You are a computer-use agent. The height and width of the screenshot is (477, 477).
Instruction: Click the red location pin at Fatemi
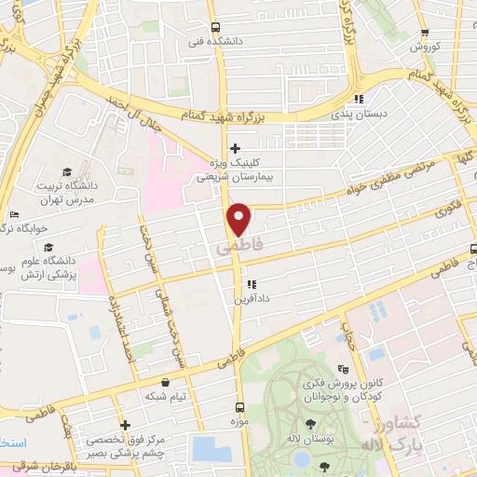[239, 218]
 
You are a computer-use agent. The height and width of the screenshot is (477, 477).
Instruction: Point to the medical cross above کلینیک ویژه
[235, 147]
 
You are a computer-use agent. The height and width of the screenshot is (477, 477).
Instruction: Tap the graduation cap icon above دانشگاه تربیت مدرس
[66, 171]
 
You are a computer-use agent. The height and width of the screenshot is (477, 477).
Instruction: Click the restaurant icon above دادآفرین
[250, 284]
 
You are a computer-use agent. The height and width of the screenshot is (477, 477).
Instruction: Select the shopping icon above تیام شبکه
[165, 381]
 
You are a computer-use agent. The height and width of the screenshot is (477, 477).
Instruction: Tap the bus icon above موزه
[240, 407]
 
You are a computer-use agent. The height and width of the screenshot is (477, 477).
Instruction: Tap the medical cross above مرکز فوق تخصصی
[125, 425]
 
